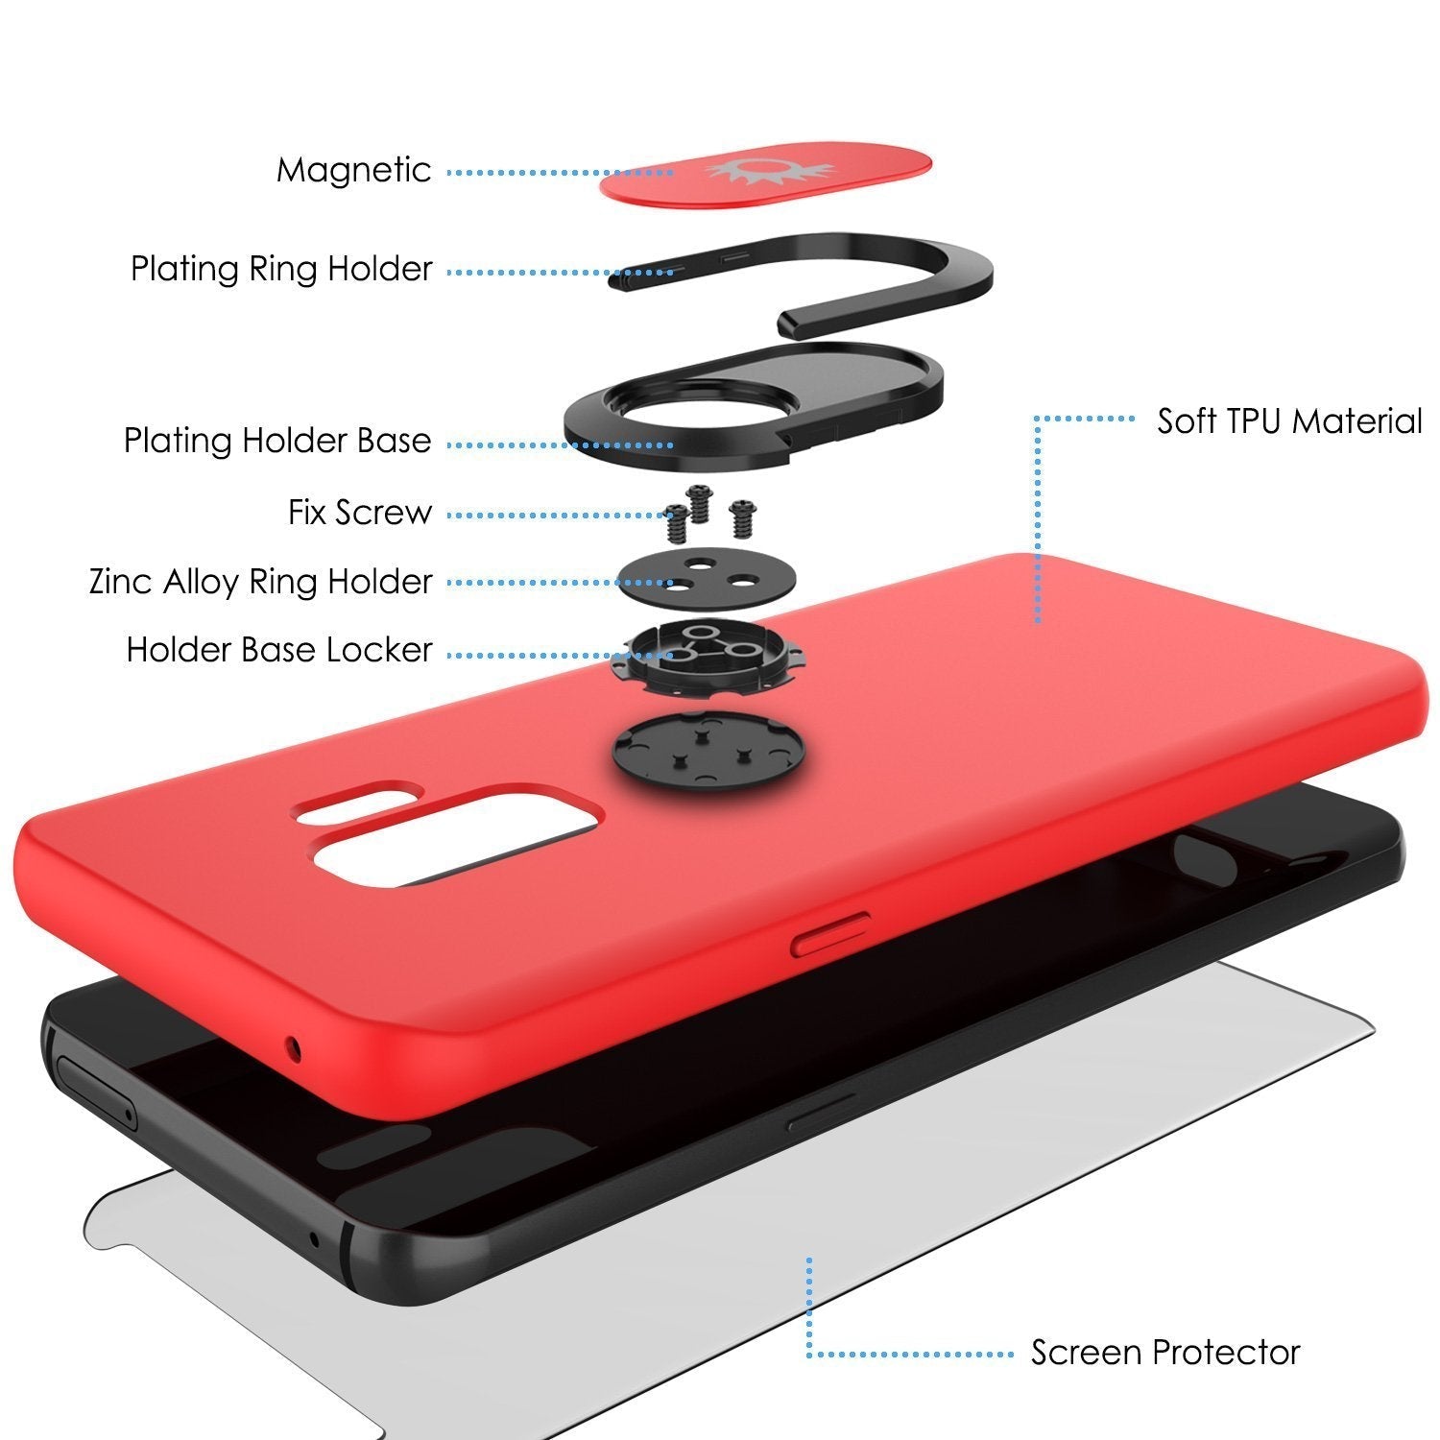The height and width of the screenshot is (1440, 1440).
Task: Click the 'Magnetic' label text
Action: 353,171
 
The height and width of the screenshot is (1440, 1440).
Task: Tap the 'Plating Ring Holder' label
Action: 281,269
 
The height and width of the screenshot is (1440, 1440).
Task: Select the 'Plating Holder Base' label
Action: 277,442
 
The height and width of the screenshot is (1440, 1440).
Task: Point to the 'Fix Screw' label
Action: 360,513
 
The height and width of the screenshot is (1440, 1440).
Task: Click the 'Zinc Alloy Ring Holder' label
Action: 260,582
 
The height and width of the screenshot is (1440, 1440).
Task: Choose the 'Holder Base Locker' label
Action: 279,651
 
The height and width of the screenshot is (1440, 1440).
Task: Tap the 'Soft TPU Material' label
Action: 1288,421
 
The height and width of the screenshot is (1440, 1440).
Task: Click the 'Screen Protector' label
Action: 1164,1353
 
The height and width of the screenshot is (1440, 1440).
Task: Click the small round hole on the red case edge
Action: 293,1049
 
